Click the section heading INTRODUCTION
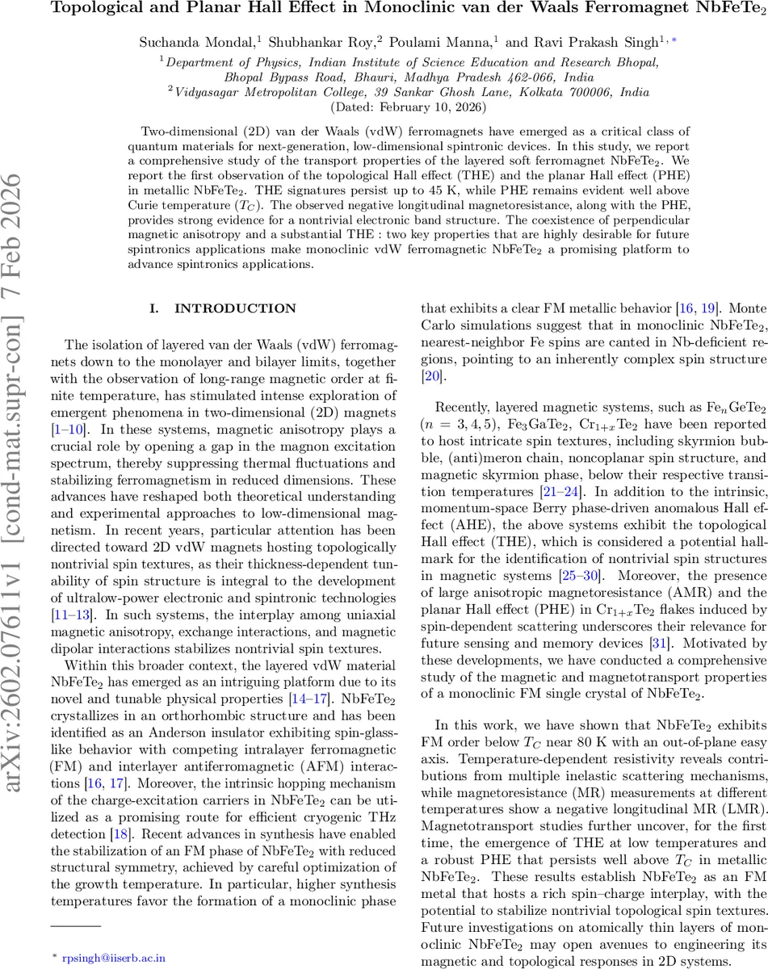coord(225,308)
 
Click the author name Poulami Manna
coord(462,40)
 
